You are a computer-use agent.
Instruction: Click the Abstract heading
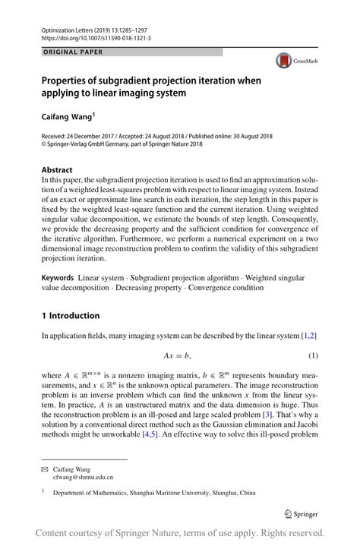57,170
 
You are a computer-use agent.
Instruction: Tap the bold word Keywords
62,260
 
